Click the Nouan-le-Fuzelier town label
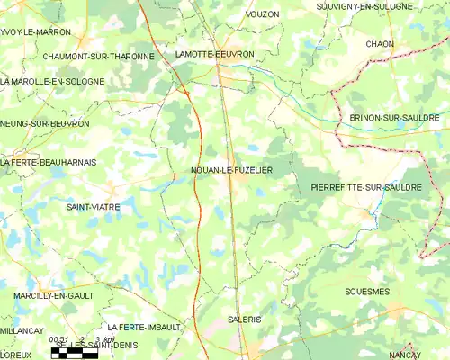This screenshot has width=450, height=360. point(232,169)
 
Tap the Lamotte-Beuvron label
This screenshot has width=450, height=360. point(216,55)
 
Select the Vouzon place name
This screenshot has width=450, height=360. point(262,14)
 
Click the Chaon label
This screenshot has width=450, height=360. point(380,43)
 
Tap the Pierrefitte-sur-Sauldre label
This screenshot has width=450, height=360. point(365,187)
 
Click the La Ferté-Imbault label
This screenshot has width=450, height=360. point(144,327)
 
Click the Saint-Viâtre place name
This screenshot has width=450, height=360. point(94,207)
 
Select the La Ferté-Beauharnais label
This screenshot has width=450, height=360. point(49,162)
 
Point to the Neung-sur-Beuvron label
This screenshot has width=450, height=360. point(45,123)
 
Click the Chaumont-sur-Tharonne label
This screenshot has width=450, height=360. point(99,56)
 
